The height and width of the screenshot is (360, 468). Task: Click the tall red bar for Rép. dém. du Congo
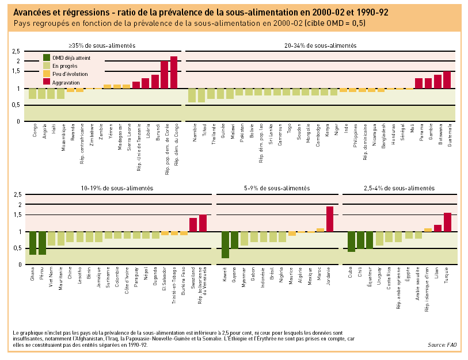tap(174, 72)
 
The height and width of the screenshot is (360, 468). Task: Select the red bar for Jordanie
tap(330, 219)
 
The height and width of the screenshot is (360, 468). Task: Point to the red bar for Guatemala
tap(447, 80)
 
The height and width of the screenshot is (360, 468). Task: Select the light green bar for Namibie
tap(192, 95)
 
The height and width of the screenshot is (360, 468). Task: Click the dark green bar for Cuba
tap(351, 242)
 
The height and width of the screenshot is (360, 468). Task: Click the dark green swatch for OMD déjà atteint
tap(47, 58)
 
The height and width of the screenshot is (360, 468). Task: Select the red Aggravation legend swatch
tap(47, 83)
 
